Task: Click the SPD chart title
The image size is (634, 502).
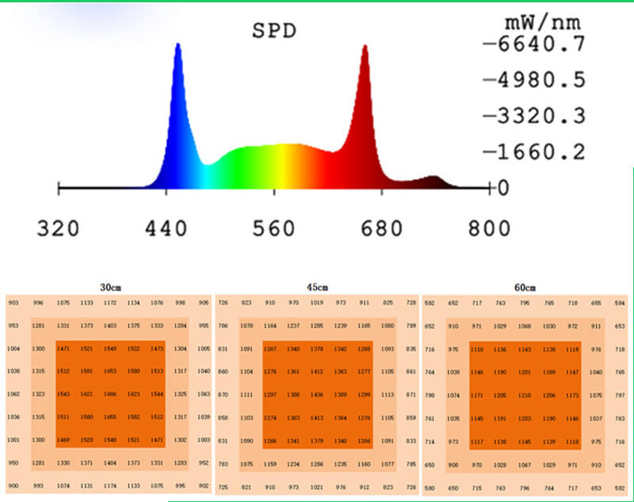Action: (x=273, y=32)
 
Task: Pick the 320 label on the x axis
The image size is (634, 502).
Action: (x=59, y=228)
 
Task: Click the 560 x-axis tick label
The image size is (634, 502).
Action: (x=273, y=228)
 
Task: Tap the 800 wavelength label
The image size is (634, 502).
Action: (x=488, y=228)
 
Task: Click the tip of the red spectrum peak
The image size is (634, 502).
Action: (x=365, y=46)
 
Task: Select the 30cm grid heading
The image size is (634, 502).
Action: (x=110, y=286)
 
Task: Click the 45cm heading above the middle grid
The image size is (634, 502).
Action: (x=317, y=286)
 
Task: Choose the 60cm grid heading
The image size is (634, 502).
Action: (x=525, y=286)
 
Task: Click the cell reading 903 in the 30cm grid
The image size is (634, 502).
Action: (x=13, y=302)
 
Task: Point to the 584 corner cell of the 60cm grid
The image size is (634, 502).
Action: (x=620, y=302)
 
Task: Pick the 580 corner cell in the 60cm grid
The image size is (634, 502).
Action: (x=430, y=487)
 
